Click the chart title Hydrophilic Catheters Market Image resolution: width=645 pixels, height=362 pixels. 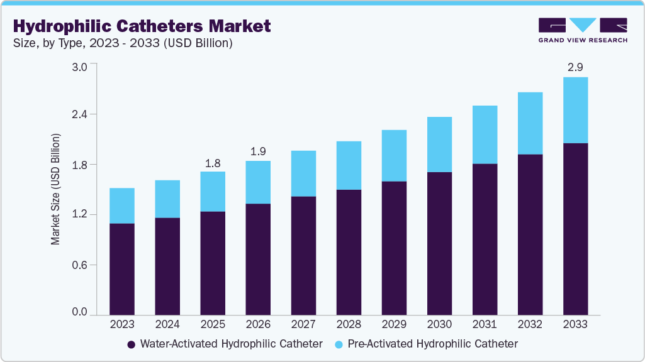(142, 26)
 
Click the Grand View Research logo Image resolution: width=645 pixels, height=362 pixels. (583, 30)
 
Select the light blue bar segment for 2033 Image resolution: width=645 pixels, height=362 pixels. (575, 110)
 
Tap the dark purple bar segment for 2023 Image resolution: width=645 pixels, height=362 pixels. (122, 269)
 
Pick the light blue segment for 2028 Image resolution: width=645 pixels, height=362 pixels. (349, 165)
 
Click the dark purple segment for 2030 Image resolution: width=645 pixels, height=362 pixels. (439, 243)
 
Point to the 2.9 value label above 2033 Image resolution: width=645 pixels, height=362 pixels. (575, 67)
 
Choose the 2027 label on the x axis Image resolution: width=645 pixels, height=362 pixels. (303, 324)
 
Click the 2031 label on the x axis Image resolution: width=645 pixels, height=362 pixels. (485, 324)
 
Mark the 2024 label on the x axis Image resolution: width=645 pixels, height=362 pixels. (167, 324)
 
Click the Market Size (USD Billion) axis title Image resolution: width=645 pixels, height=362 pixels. (55, 189)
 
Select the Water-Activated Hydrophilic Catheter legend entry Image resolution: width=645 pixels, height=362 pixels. (225, 344)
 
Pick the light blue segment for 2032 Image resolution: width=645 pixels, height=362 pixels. (530, 123)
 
